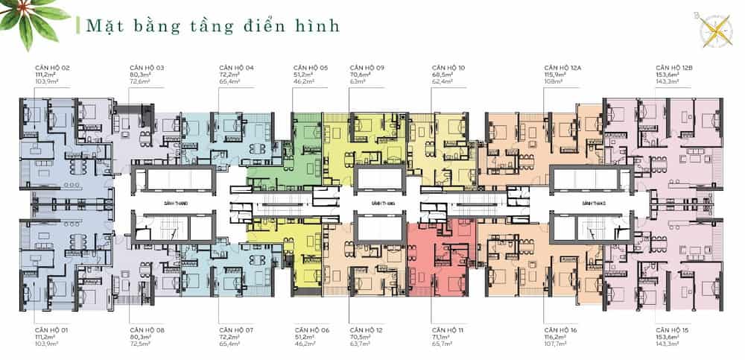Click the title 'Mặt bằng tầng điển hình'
click(212, 25)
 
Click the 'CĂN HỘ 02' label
click(51, 68)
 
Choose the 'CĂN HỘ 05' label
click(311, 68)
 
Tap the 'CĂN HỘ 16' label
click(561, 329)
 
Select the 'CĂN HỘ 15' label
click(670, 329)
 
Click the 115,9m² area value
click(555, 75)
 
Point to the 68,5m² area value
click(442, 75)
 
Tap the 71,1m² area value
click(441, 336)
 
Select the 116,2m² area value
click(555, 336)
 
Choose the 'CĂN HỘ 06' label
click(311, 329)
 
